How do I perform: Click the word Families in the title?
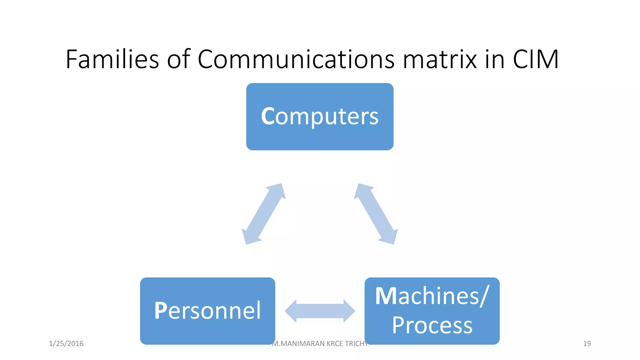click(112, 59)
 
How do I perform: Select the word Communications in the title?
click(296, 59)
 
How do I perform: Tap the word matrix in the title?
click(440, 59)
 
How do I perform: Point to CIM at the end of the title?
click(535, 59)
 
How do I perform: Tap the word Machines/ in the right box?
click(432, 296)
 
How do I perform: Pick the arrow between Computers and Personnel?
click(264, 214)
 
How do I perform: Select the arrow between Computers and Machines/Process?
click(376, 214)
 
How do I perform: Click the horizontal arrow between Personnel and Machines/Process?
click(320, 311)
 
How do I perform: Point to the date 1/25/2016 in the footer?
click(66, 344)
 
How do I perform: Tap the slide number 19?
click(587, 344)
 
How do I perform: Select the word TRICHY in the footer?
click(356, 344)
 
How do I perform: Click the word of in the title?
click(178, 59)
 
